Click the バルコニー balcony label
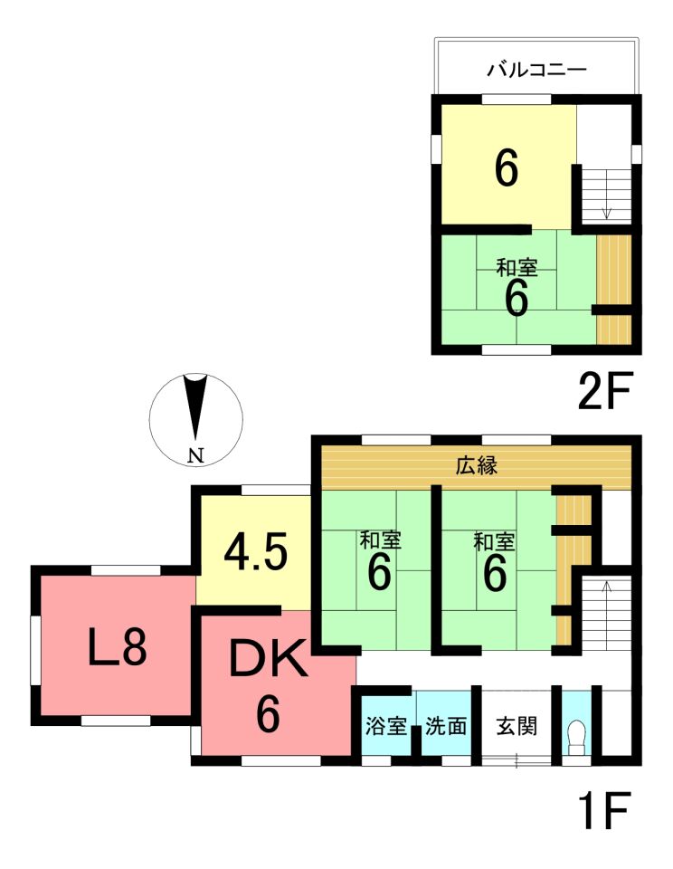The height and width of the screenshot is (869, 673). (x=536, y=70)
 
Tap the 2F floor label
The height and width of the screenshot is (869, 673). (x=604, y=392)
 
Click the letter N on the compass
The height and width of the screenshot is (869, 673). (x=195, y=455)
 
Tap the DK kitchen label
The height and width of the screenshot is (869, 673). (x=269, y=658)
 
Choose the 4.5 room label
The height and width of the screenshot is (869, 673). (x=255, y=554)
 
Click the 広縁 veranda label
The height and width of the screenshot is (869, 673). (x=477, y=465)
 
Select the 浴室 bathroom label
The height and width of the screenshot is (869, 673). (x=386, y=726)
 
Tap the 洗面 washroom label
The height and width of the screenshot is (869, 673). (x=446, y=726)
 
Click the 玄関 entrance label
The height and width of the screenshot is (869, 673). (x=517, y=726)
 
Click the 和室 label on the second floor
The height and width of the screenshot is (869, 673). (x=517, y=268)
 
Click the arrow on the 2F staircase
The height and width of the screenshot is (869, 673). (x=607, y=195)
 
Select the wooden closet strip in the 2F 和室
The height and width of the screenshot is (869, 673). (x=613, y=290)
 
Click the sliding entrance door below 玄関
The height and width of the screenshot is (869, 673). (x=517, y=761)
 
